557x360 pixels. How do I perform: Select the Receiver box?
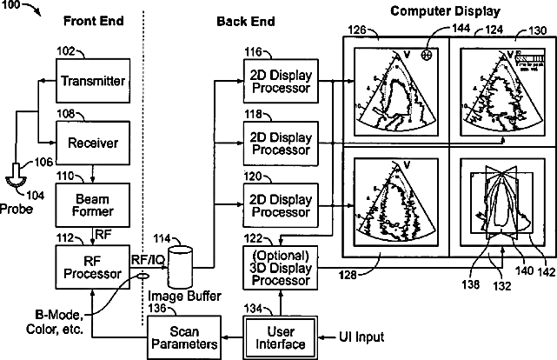pos(92,140)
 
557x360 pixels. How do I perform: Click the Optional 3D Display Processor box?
pos(281,269)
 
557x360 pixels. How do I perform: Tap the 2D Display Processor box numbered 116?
pos(281,82)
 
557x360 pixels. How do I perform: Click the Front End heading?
pos(89,19)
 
